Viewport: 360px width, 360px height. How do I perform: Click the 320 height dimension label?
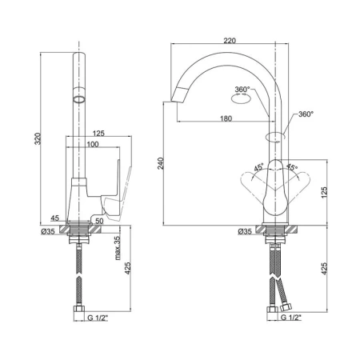click(38, 138)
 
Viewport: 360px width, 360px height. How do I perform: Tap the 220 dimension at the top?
click(230, 41)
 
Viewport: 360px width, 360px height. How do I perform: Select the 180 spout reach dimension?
click(226, 118)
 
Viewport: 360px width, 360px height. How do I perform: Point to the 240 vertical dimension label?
click(160, 163)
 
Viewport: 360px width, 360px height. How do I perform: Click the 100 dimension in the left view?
click(93, 144)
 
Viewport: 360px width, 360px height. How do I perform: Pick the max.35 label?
click(118, 248)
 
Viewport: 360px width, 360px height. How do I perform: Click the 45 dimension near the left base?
click(54, 218)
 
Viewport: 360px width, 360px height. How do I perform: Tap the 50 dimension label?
click(99, 221)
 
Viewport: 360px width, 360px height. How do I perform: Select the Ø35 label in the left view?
click(48, 231)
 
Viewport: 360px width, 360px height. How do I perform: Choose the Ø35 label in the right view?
click(245, 231)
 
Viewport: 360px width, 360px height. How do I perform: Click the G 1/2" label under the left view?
click(98, 318)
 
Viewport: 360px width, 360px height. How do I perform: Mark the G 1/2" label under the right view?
click(291, 318)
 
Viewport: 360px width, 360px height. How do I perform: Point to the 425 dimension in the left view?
click(128, 268)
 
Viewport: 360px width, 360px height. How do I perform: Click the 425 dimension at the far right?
click(324, 268)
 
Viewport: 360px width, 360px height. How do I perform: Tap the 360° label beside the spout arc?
click(242, 90)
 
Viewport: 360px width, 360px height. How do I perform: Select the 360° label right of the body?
click(306, 114)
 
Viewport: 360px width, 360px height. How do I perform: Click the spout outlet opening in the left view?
click(79, 100)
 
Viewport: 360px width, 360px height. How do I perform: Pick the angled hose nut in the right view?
click(286, 307)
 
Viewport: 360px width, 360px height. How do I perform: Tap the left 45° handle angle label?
click(258, 167)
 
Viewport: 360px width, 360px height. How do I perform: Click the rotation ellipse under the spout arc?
click(241, 99)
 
